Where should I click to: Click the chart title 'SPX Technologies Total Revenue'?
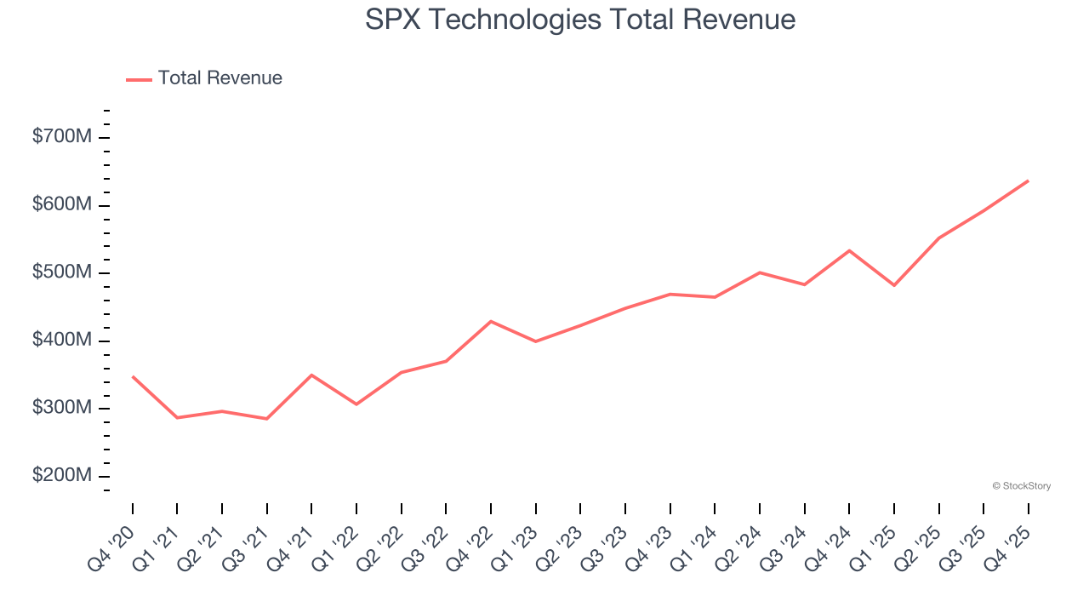tap(580, 20)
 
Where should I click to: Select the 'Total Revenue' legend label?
tap(220, 78)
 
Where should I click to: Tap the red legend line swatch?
tap(139, 79)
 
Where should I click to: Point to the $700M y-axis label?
tap(61, 137)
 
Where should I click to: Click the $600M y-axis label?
tap(61, 205)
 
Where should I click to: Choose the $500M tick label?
tap(61, 272)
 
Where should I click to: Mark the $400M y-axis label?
tap(61, 341)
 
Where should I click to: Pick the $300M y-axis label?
tap(61, 408)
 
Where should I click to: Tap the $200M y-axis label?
tap(61, 476)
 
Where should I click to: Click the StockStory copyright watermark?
tap(1021, 486)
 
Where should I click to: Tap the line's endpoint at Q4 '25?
tap(1028, 180)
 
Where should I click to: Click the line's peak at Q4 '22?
tap(491, 321)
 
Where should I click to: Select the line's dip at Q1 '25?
tap(894, 285)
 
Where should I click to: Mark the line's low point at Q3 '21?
tap(267, 419)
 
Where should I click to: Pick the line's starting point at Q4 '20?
tap(133, 376)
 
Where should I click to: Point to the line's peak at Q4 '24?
tap(849, 250)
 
